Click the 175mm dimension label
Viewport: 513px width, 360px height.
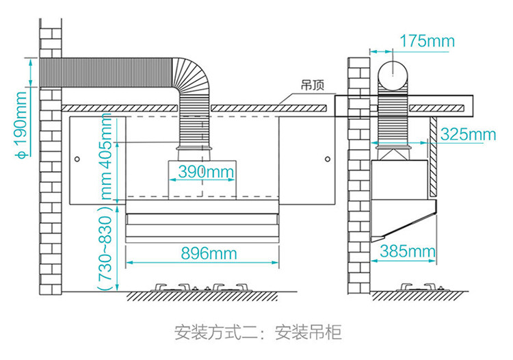[x=427, y=41]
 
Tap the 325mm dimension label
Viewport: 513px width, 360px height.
[x=468, y=133]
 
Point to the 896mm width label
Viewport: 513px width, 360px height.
[x=209, y=253]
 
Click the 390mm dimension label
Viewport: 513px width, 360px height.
[x=205, y=172]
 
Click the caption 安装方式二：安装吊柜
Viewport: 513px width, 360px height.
[x=256, y=333]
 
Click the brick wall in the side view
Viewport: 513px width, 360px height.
[x=358, y=205]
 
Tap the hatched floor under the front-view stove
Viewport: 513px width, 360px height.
[x=205, y=297]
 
